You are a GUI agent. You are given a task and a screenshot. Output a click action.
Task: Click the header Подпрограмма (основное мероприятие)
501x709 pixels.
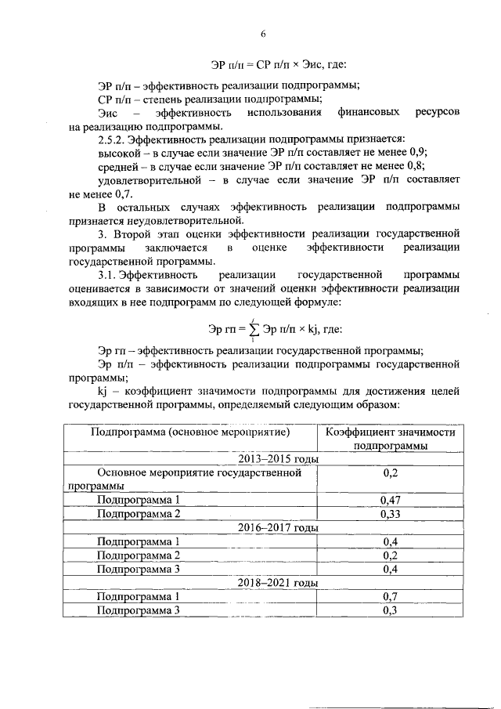click(190, 432)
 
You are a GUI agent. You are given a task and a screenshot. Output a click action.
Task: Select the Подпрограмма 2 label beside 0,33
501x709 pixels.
click(139, 514)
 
